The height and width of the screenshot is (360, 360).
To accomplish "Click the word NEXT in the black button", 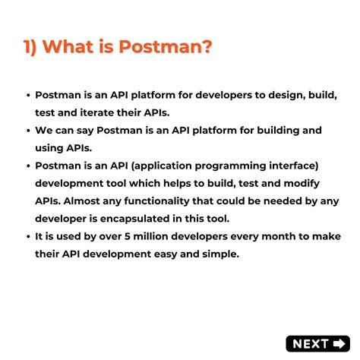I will click(310, 344).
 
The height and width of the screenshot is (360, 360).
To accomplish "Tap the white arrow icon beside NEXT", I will click(339, 344).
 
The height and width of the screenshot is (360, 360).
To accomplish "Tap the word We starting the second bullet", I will click(45, 130).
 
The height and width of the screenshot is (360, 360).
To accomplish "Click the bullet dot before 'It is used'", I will click(27, 236).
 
